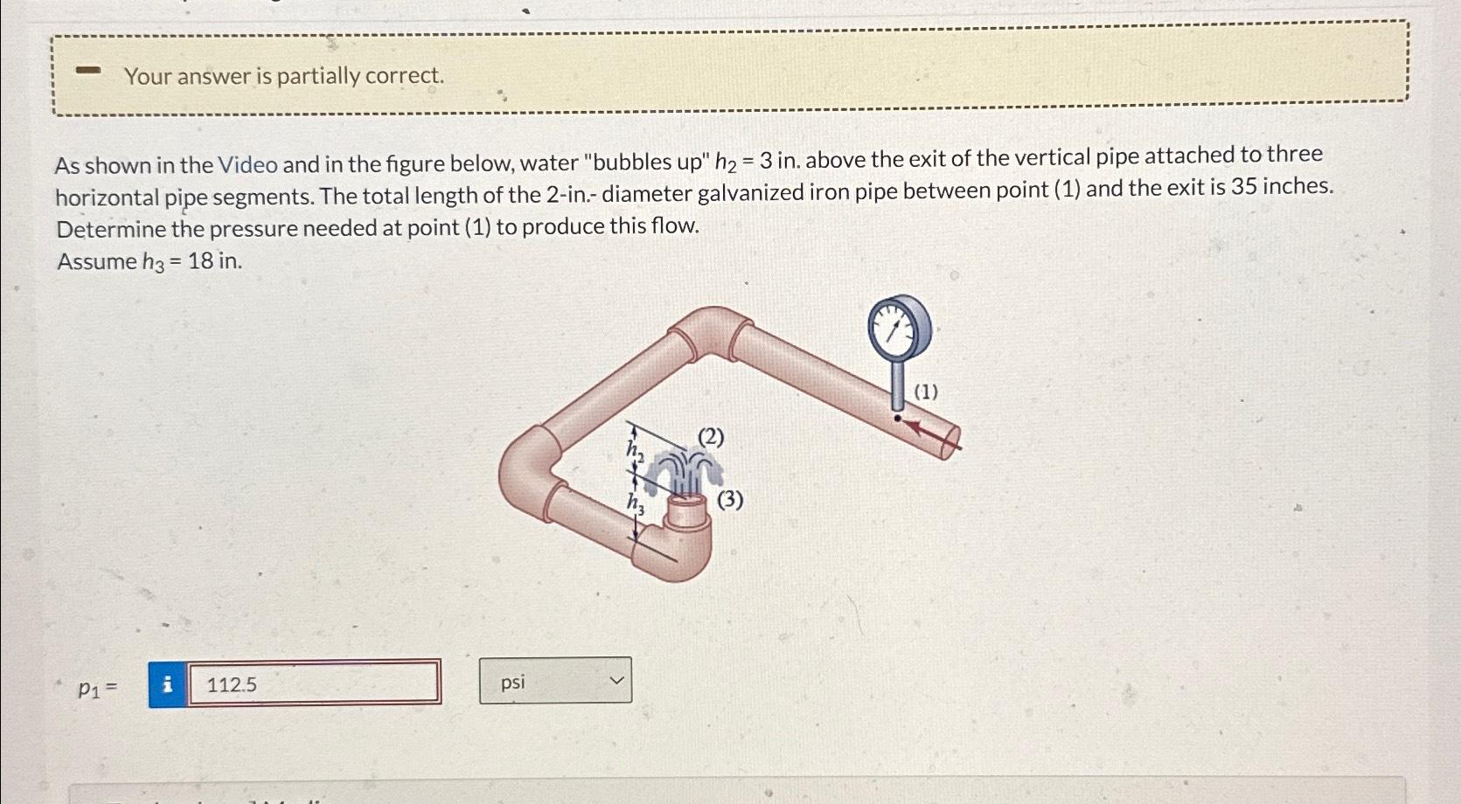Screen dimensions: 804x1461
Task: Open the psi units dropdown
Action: click(555, 681)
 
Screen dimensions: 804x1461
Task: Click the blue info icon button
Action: click(168, 684)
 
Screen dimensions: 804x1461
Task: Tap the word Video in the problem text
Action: click(247, 164)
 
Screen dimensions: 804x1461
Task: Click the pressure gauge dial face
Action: click(898, 326)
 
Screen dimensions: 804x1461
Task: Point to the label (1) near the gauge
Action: click(926, 392)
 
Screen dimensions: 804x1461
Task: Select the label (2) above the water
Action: click(711, 437)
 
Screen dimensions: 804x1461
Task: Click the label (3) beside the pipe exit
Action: click(730, 500)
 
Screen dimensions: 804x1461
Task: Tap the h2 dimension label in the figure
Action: click(635, 450)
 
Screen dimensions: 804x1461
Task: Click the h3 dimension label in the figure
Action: click(635, 503)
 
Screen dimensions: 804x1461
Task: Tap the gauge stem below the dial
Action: click(898, 385)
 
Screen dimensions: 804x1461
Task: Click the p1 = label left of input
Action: click(97, 688)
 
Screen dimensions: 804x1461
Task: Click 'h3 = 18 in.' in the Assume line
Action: click(192, 261)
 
